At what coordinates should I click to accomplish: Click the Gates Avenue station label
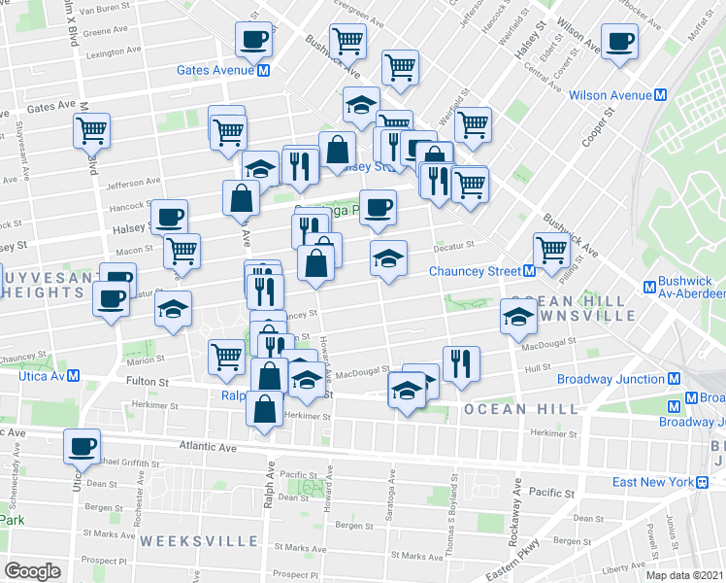(214, 70)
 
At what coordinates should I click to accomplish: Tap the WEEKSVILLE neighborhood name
(185, 538)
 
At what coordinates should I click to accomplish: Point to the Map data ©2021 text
(683, 575)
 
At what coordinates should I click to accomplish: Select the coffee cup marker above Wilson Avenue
(618, 42)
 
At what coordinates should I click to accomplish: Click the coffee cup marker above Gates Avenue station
(254, 40)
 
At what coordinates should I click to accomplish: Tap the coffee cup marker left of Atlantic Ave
(82, 446)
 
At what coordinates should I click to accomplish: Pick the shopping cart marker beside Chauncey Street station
(551, 249)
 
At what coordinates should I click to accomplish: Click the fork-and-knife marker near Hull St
(461, 362)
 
